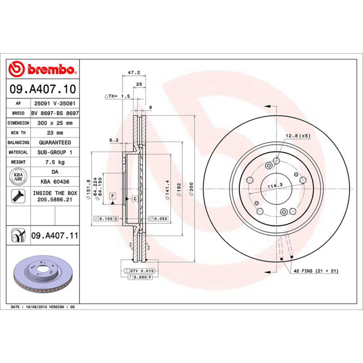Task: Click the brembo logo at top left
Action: coord(42,69)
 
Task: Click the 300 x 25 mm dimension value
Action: coord(54,123)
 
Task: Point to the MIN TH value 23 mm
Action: coord(54,133)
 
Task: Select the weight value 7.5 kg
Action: coord(54,162)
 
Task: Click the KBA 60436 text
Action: coord(54,181)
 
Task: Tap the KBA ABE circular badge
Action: coord(19,177)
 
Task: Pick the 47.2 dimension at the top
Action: coord(133,72)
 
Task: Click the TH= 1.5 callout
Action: coord(118,96)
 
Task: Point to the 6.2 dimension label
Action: coord(114,140)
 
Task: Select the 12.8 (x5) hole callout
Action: coord(298,136)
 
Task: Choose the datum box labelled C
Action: coord(135,199)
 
